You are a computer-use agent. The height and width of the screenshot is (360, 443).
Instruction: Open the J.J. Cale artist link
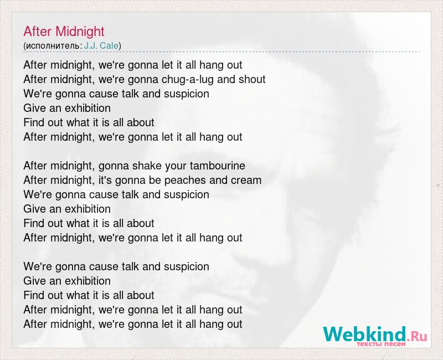(x=101, y=45)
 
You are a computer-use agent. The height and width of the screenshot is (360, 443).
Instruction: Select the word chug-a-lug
(x=188, y=80)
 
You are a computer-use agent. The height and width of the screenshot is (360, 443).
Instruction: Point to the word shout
(x=252, y=79)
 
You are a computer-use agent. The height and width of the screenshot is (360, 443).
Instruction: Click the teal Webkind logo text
(x=365, y=334)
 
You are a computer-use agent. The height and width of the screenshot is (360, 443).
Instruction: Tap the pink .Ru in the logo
(x=417, y=336)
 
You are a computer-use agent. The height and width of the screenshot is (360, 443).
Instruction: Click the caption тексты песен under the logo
(x=381, y=344)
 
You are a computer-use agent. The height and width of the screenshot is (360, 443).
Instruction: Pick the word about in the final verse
(x=141, y=295)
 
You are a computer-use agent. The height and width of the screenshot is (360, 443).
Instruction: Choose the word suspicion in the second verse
(x=187, y=196)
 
